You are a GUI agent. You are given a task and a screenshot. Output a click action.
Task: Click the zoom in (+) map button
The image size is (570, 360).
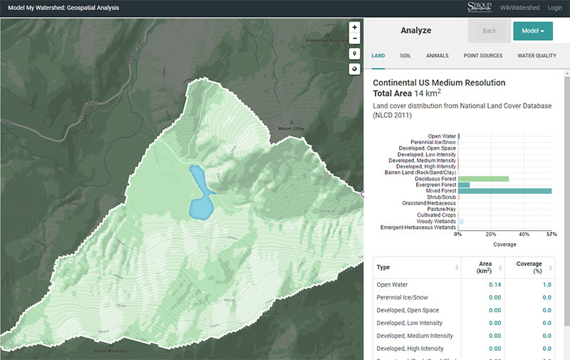[x=354, y=27]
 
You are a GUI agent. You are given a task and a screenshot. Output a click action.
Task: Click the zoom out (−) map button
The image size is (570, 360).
[x=354, y=38]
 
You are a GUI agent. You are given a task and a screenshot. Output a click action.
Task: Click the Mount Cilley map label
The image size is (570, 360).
[x=291, y=129]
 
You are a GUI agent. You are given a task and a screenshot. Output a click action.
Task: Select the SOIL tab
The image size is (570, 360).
[x=405, y=56]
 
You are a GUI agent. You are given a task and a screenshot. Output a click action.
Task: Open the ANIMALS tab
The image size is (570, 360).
[x=437, y=56]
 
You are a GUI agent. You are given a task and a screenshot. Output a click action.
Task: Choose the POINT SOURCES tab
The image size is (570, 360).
[x=482, y=56]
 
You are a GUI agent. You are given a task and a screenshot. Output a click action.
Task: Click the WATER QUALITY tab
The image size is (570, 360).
[x=537, y=56]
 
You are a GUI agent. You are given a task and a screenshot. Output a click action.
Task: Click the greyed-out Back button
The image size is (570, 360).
[x=489, y=31]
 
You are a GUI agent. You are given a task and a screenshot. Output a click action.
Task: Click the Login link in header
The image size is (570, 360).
[x=555, y=7]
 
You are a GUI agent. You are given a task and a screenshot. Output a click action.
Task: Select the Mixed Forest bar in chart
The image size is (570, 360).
[x=504, y=191]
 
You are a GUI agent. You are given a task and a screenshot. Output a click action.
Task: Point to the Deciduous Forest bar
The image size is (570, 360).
[x=483, y=179]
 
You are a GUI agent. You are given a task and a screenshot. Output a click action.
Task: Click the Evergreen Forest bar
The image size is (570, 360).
[x=464, y=185]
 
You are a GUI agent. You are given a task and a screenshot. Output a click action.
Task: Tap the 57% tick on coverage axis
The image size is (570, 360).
[x=551, y=234]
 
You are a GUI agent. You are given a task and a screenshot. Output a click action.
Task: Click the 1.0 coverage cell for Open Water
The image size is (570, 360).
[x=546, y=284]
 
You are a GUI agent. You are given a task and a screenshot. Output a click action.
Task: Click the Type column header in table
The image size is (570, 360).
[x=383, y=267]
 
